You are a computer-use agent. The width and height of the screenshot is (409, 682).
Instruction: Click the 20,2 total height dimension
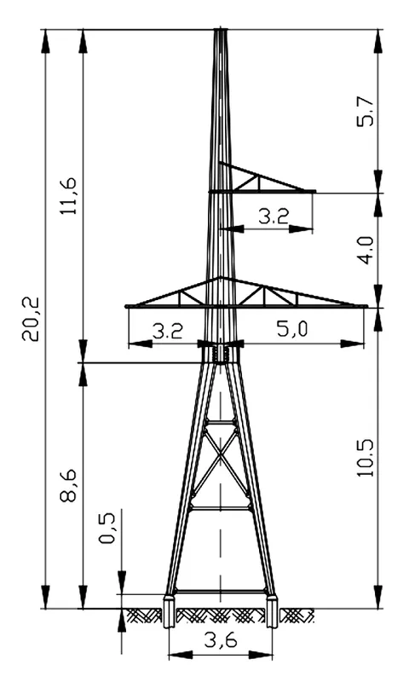click(32, 319)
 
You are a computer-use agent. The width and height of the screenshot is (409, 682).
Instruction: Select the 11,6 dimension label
click(68, 196)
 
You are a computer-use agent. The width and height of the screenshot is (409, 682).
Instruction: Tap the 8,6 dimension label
click(68, 486)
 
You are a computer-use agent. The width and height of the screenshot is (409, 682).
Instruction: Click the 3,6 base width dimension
click(221, 640)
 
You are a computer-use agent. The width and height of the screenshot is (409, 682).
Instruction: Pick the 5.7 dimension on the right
click(365, 112)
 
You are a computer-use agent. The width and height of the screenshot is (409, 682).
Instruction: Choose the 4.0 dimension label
click(365, 250)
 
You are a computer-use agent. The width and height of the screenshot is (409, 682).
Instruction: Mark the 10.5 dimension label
click(365, 458)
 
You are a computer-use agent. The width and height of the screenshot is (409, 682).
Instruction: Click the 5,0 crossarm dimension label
click(292, 329)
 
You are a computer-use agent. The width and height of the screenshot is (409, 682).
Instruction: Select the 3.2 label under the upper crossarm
click(274, 216)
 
